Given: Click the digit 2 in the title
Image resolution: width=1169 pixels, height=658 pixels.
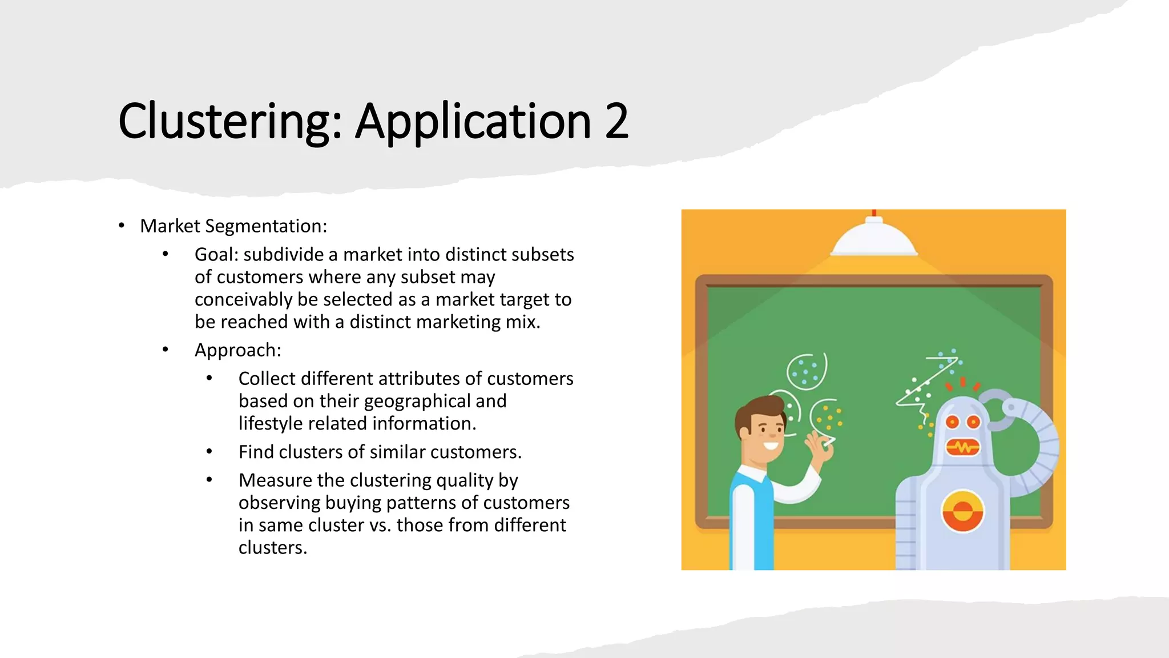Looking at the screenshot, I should (616, 121).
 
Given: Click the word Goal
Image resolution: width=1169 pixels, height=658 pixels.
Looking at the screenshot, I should (216, 255).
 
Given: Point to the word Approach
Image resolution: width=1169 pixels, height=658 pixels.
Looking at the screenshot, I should (237, 350).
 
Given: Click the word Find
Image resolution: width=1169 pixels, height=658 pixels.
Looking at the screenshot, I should (256, 452).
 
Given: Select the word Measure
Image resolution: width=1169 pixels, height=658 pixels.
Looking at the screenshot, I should (275, 480).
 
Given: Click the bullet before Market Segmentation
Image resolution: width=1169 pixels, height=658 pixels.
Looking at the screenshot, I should (122, 226).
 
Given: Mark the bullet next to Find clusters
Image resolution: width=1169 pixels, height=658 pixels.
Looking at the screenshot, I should (209, 452).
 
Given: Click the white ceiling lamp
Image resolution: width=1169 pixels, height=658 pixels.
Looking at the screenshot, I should (873, 240).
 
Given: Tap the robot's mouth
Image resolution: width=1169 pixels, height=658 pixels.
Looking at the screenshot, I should (963, 447).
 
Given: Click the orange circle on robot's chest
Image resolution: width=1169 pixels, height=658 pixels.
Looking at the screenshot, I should (962, 511).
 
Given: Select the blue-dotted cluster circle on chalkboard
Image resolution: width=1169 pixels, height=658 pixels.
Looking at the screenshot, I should (806, 371).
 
